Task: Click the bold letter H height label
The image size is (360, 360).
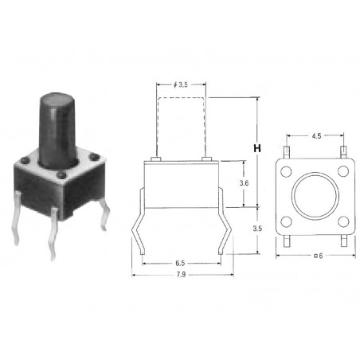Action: [x=256, y=149]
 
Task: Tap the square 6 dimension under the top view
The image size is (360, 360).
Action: [x=317, y=255]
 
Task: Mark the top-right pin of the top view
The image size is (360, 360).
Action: [x=343, y=150]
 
